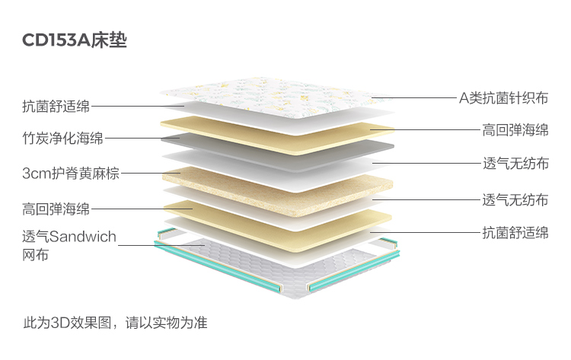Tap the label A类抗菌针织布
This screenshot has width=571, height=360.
503,97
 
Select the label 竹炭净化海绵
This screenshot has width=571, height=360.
62,139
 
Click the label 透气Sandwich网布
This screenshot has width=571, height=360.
69,246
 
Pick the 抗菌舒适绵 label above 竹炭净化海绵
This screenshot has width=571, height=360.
56,107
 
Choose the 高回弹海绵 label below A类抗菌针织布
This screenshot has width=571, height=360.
515,129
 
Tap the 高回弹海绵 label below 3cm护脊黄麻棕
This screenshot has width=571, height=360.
56,209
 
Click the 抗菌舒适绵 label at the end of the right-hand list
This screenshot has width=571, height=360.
515,232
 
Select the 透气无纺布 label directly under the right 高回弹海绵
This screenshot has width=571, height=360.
515,164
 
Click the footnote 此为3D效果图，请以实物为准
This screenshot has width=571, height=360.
115,322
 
